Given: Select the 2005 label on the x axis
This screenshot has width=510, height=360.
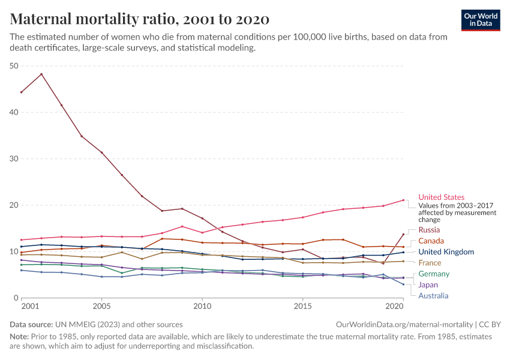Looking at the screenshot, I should coord(101,307).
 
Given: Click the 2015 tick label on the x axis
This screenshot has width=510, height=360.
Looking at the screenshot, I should coord(302,307).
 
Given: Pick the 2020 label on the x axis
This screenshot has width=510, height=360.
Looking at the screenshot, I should coord(393,307).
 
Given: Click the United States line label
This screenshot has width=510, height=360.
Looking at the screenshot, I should coord(441,197).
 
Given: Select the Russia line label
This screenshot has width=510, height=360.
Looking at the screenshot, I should coord(429,230).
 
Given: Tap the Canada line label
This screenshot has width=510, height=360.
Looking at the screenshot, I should coord(431,241).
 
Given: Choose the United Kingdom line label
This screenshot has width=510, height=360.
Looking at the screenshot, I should coord(446,252).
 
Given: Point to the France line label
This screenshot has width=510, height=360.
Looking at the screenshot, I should coord(430,263).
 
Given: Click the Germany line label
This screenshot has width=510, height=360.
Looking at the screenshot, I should coord(434,274).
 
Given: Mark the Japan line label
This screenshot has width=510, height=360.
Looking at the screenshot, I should coord(428,285).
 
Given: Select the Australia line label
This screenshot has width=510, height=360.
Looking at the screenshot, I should coord(433,296).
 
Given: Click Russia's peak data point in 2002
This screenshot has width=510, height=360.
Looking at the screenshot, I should coord(41,74).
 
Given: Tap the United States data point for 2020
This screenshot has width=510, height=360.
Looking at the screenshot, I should coord(403,200).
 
